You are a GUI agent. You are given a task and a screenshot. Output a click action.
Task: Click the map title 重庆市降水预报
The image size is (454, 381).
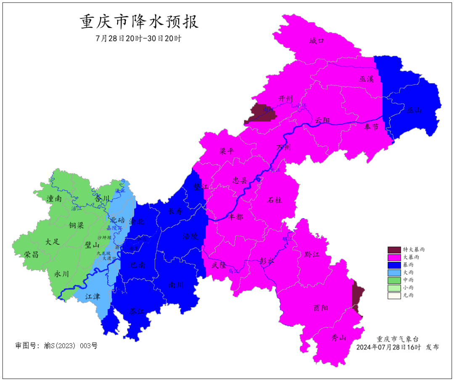point(139,22)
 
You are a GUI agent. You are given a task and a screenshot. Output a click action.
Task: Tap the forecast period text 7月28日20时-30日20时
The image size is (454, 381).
point(138,38)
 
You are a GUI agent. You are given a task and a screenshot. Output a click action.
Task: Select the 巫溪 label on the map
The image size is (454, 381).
point(366,79)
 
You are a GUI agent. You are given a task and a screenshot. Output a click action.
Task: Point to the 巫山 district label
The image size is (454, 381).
point(414,110)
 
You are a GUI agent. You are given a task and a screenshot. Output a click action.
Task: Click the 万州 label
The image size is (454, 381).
point(284,148)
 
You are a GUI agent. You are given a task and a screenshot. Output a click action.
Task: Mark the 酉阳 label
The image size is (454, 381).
point(321,308)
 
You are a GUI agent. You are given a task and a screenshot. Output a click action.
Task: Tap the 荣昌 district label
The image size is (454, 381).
point(31,255)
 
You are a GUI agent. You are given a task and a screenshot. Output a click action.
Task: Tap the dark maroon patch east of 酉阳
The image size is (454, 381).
point(357,296)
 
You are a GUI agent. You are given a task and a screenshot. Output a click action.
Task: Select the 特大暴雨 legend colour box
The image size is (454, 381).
point(394,249)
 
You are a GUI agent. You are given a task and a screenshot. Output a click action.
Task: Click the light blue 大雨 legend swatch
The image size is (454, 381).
point(394,272)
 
